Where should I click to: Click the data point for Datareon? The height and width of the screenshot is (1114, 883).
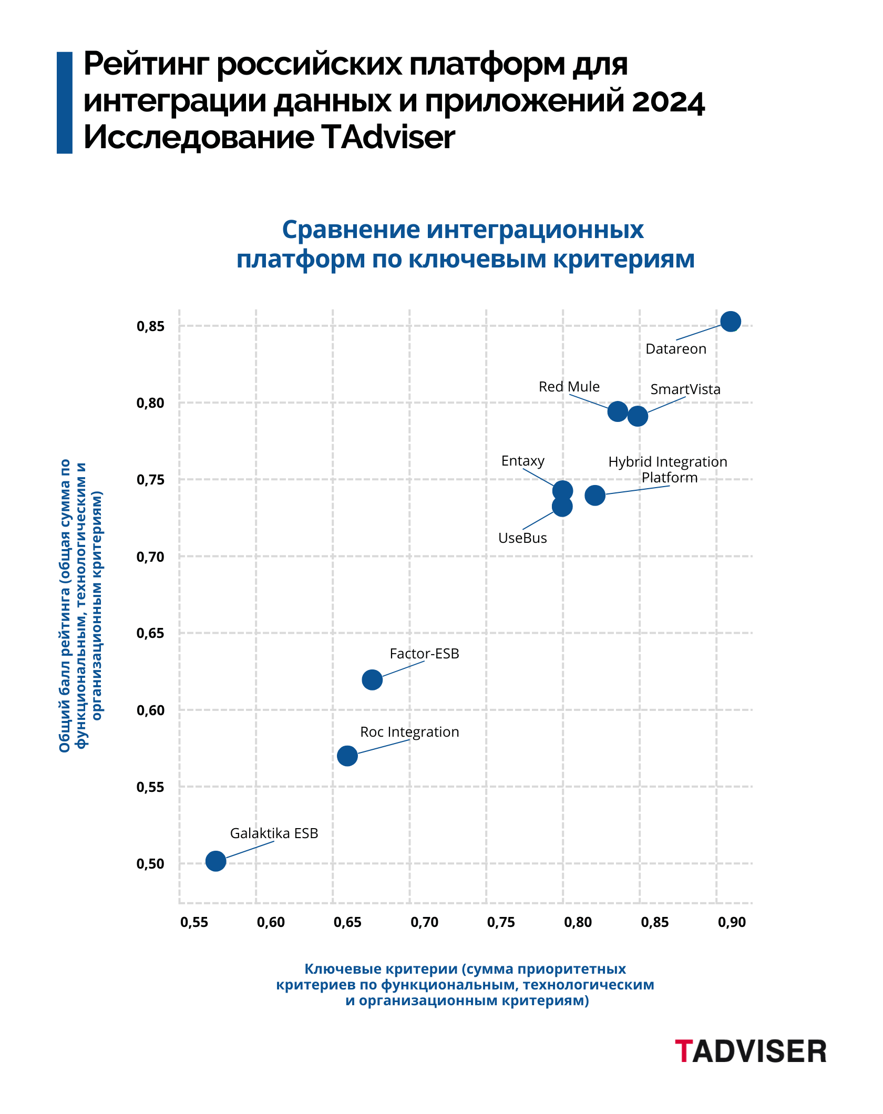[x=731, y=321]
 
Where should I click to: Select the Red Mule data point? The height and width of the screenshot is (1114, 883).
[x=618, y=411]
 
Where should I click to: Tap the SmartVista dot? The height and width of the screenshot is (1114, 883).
[x=638, y=416]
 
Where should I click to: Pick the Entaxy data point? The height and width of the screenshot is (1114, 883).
[x=562, y=491]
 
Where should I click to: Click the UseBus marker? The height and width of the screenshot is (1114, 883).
[x=562, y=507]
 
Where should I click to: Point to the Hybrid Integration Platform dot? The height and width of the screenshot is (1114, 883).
[x=595, y=495]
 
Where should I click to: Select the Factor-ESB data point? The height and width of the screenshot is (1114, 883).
[x=372, y=680]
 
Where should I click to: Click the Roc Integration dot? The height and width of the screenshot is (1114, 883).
[x=347, y=756]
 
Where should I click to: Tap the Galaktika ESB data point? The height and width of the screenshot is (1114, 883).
[x=215, y=861]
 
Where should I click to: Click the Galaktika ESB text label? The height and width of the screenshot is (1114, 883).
[x=274, y=833]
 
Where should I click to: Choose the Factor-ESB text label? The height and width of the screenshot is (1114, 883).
[x=424, y=654]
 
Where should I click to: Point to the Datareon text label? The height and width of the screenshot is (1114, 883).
[x=675, y=349]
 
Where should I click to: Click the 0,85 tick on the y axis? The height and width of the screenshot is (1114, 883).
[x=151, y=326]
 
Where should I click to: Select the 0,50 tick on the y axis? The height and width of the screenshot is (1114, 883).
[x=151, y=864]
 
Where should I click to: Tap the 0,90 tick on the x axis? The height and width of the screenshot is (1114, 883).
[x=732, y=922]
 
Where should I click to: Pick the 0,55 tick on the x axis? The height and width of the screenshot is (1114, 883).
[x=194, y=922]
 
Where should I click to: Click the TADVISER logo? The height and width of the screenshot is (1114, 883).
[x=751, y=1051]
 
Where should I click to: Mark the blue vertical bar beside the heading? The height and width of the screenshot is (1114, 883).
[x=64, y=102]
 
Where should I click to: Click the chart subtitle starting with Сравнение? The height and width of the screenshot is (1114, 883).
[x=465, y=244]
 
